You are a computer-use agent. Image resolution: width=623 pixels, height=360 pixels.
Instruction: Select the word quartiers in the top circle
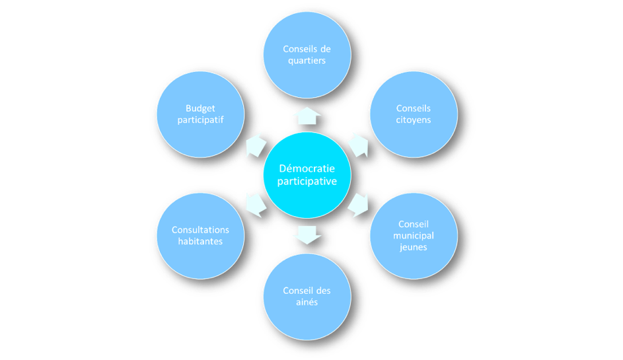coord(307,61)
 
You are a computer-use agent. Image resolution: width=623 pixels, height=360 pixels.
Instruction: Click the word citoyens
coord(414,120)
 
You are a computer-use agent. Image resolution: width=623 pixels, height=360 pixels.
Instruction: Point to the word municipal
coord(414,236)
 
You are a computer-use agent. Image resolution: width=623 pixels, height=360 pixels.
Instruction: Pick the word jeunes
coord(414,247)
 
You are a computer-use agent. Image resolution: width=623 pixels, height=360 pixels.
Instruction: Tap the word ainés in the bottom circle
coord(307,302)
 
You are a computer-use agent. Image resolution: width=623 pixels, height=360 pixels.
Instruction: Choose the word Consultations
coord(200,230)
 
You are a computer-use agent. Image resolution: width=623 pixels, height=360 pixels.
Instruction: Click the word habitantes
coord(200,241)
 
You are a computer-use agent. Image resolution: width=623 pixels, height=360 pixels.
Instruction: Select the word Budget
coord(200,108)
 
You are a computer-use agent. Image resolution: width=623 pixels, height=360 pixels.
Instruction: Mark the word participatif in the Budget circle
coord(200,120)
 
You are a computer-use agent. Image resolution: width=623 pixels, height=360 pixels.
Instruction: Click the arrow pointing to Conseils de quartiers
coord(307,116)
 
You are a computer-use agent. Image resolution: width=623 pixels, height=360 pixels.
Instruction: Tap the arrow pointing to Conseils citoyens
coord(357,144)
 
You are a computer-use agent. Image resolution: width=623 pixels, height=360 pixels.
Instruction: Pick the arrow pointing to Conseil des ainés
coord(307,233)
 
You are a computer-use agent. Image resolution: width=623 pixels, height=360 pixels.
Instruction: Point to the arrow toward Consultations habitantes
coord(256,204)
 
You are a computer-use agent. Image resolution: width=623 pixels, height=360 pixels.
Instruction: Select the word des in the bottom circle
coord(323,291)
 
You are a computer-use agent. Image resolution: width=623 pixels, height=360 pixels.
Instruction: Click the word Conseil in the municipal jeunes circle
coord(414,225)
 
